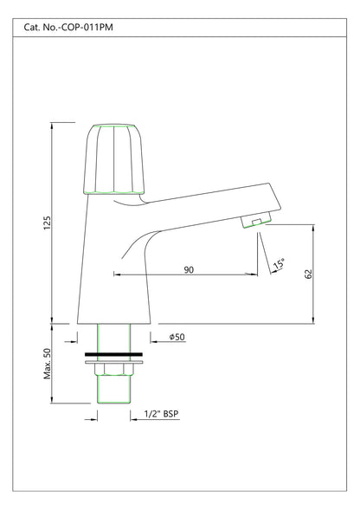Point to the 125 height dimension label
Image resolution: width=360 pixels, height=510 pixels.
pyautogui.click(x=47, y=223)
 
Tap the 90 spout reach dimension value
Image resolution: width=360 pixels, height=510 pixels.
pyautogui.click(x=189, y=269)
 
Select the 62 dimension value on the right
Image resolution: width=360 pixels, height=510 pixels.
pyautogui.click(x=309, y=274)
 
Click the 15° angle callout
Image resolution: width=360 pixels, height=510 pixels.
pyautogui.click(x=279, y=263)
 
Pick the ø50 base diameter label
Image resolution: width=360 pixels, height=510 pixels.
pyautogui.click(x=177, y=337)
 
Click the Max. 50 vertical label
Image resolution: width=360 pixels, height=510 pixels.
pyautogui.click(x=47, y=364)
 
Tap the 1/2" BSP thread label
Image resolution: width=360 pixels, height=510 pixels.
pyautogui.click(x=162, y=414)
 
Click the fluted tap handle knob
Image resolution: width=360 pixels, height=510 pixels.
pyautogui.click(x=114, y=159)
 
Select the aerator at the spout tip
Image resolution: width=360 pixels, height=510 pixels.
pyautogui.click(x=255, y=220)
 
